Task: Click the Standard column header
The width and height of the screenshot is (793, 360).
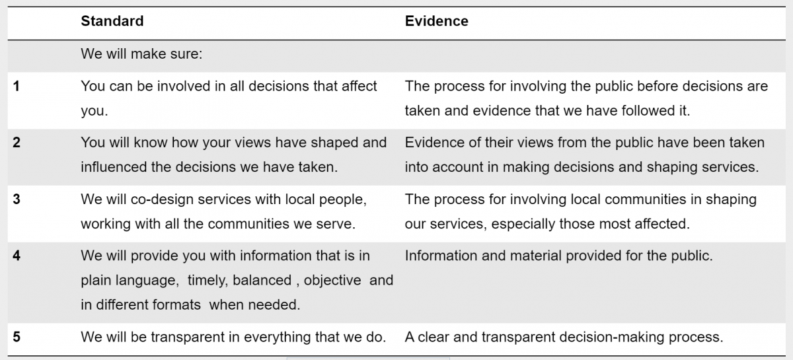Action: tap(112, 21)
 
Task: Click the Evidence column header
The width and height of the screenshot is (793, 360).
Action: tap(437, 21)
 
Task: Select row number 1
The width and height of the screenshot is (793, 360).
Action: tap(17, 86)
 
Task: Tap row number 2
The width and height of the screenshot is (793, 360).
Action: tap(17, 142)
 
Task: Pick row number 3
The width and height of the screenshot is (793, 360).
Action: tap(17, 199)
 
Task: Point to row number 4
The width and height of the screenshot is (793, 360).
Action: tap(17, 256)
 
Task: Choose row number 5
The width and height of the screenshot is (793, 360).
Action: tap(17, 337)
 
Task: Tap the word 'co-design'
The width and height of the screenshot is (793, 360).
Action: tap(162, 199)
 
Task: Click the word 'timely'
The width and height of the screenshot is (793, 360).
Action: tap(209, 280)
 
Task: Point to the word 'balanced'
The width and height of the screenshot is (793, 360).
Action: tap(262, 280)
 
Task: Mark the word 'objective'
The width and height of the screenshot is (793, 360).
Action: tap(332, 280)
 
